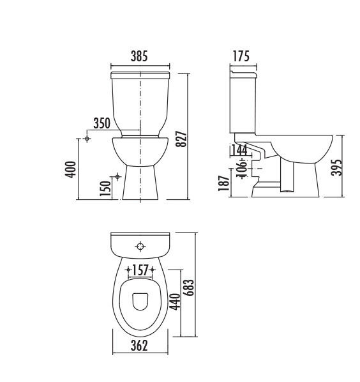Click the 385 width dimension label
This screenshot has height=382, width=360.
click(139, 56)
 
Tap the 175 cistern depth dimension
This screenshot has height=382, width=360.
click(241, 56)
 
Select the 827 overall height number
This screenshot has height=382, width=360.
click(181, 139)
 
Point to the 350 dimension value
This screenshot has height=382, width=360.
click(101, 123)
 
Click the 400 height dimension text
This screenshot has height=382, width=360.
click(70, 169)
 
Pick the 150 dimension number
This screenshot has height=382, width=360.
click(105, 188)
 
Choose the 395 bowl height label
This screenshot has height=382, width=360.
click(336, 167)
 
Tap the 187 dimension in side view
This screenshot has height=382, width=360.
click(223, 183)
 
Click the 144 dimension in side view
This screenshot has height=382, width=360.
click(239, 150)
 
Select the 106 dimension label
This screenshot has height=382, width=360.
click(243, 168)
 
